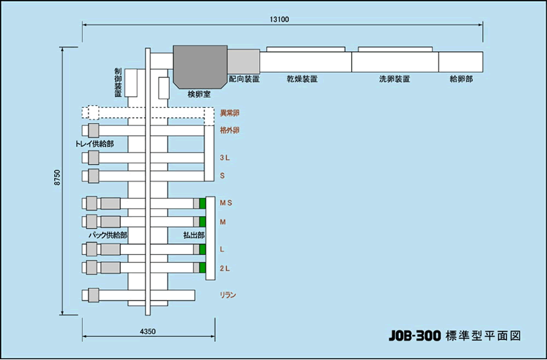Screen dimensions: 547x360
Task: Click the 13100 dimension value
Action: point(279,19)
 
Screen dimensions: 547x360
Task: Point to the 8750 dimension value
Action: point(58,178)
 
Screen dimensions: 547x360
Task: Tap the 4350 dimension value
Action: point(148,331)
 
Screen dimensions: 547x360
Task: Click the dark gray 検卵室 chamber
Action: point(200,67)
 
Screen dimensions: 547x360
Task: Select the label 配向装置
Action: point(244,79)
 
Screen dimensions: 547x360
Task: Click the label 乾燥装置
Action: point(302,79)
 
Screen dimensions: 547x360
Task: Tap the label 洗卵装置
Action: point(394,79)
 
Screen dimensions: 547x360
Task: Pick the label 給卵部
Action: point(461,79)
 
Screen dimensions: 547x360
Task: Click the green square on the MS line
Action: point(203,203)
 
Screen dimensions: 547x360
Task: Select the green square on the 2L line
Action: point(203,268)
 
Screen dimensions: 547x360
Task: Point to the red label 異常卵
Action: point(230,113)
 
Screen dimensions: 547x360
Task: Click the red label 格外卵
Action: point(230,130)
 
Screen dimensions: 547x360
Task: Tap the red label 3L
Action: point(225,158)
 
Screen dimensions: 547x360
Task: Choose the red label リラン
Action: point(228,295)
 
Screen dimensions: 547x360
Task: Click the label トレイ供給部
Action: point(94,144)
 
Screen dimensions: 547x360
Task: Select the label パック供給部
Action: point(108,235)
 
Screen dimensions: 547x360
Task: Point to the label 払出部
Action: point(194,235)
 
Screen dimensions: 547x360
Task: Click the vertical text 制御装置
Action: point(118,82)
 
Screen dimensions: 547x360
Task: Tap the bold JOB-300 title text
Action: point(415,336)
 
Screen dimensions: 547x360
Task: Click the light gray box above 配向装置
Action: point(243,61)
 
